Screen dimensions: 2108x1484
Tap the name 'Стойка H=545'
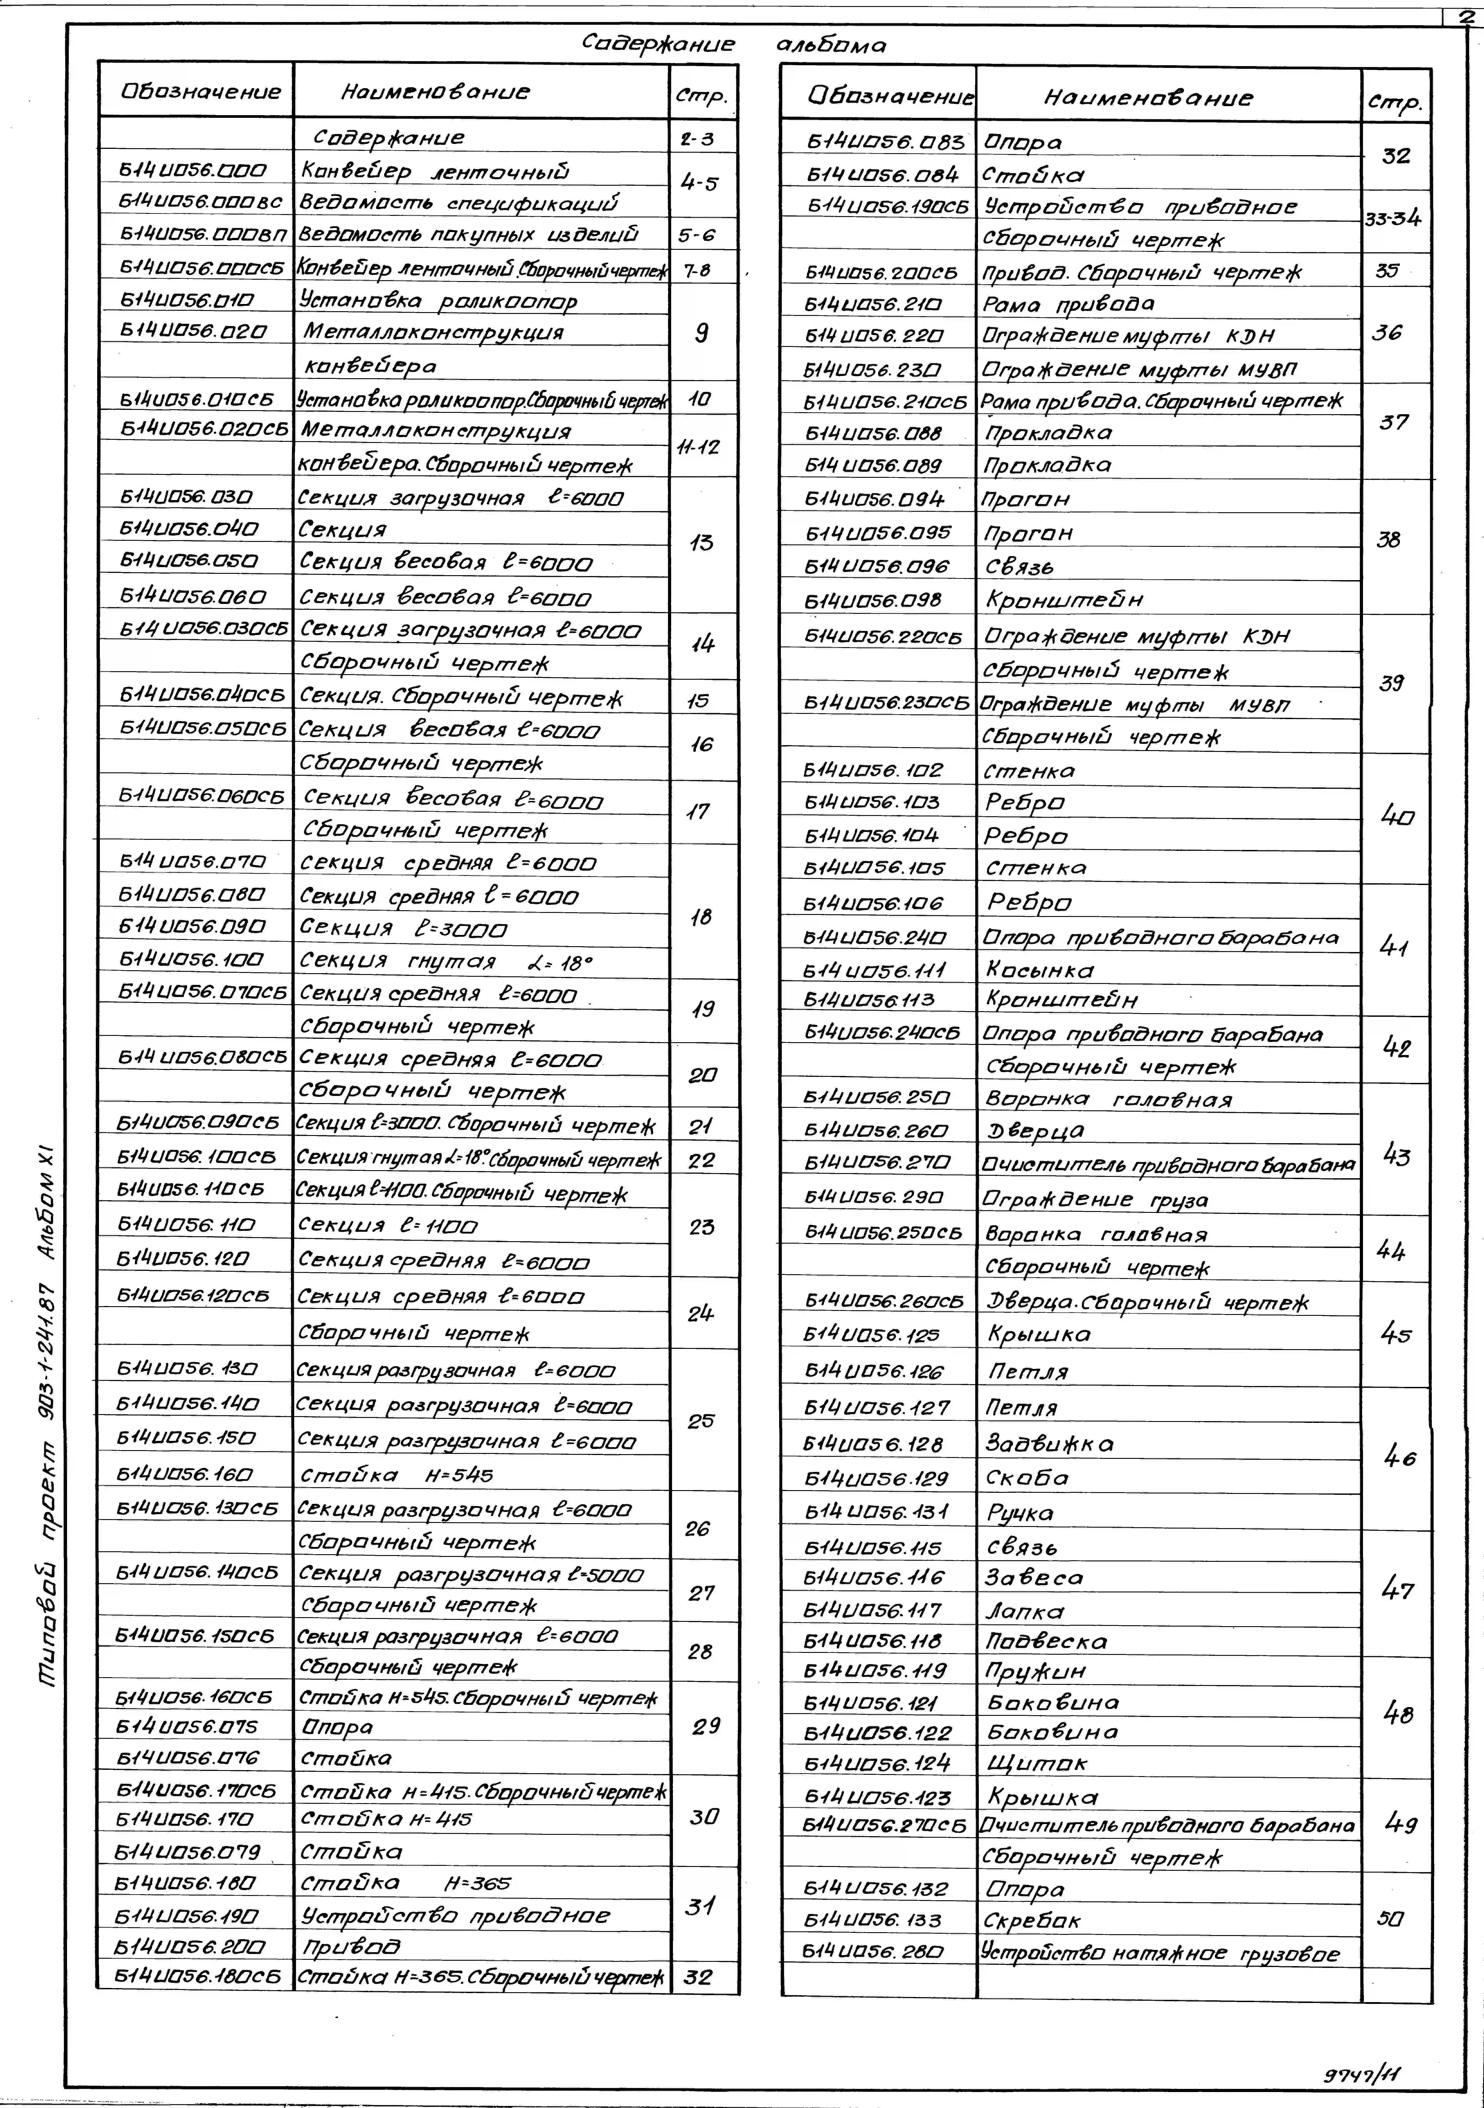[x=397, y=1475]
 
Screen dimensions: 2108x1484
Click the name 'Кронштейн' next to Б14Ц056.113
[x=1062, y=999]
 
